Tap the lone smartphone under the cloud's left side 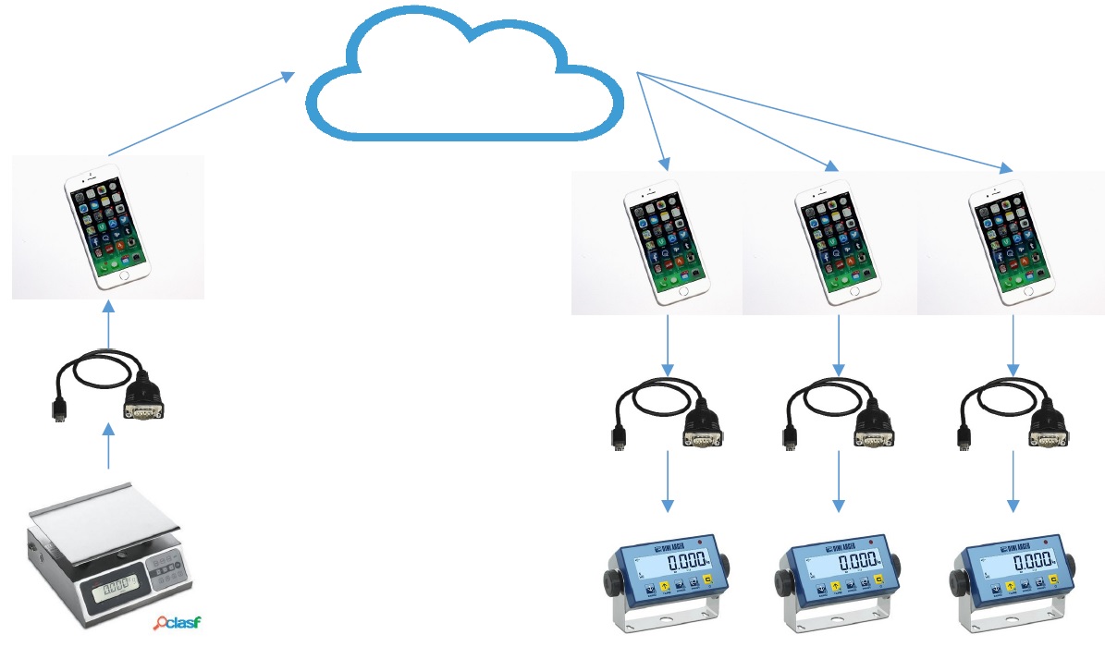click(x=107, y=226)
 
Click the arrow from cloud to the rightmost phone click(x=823, y=121)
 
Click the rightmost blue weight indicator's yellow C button click(x=1051, y=580)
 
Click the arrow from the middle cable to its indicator click(x=839, y=481)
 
